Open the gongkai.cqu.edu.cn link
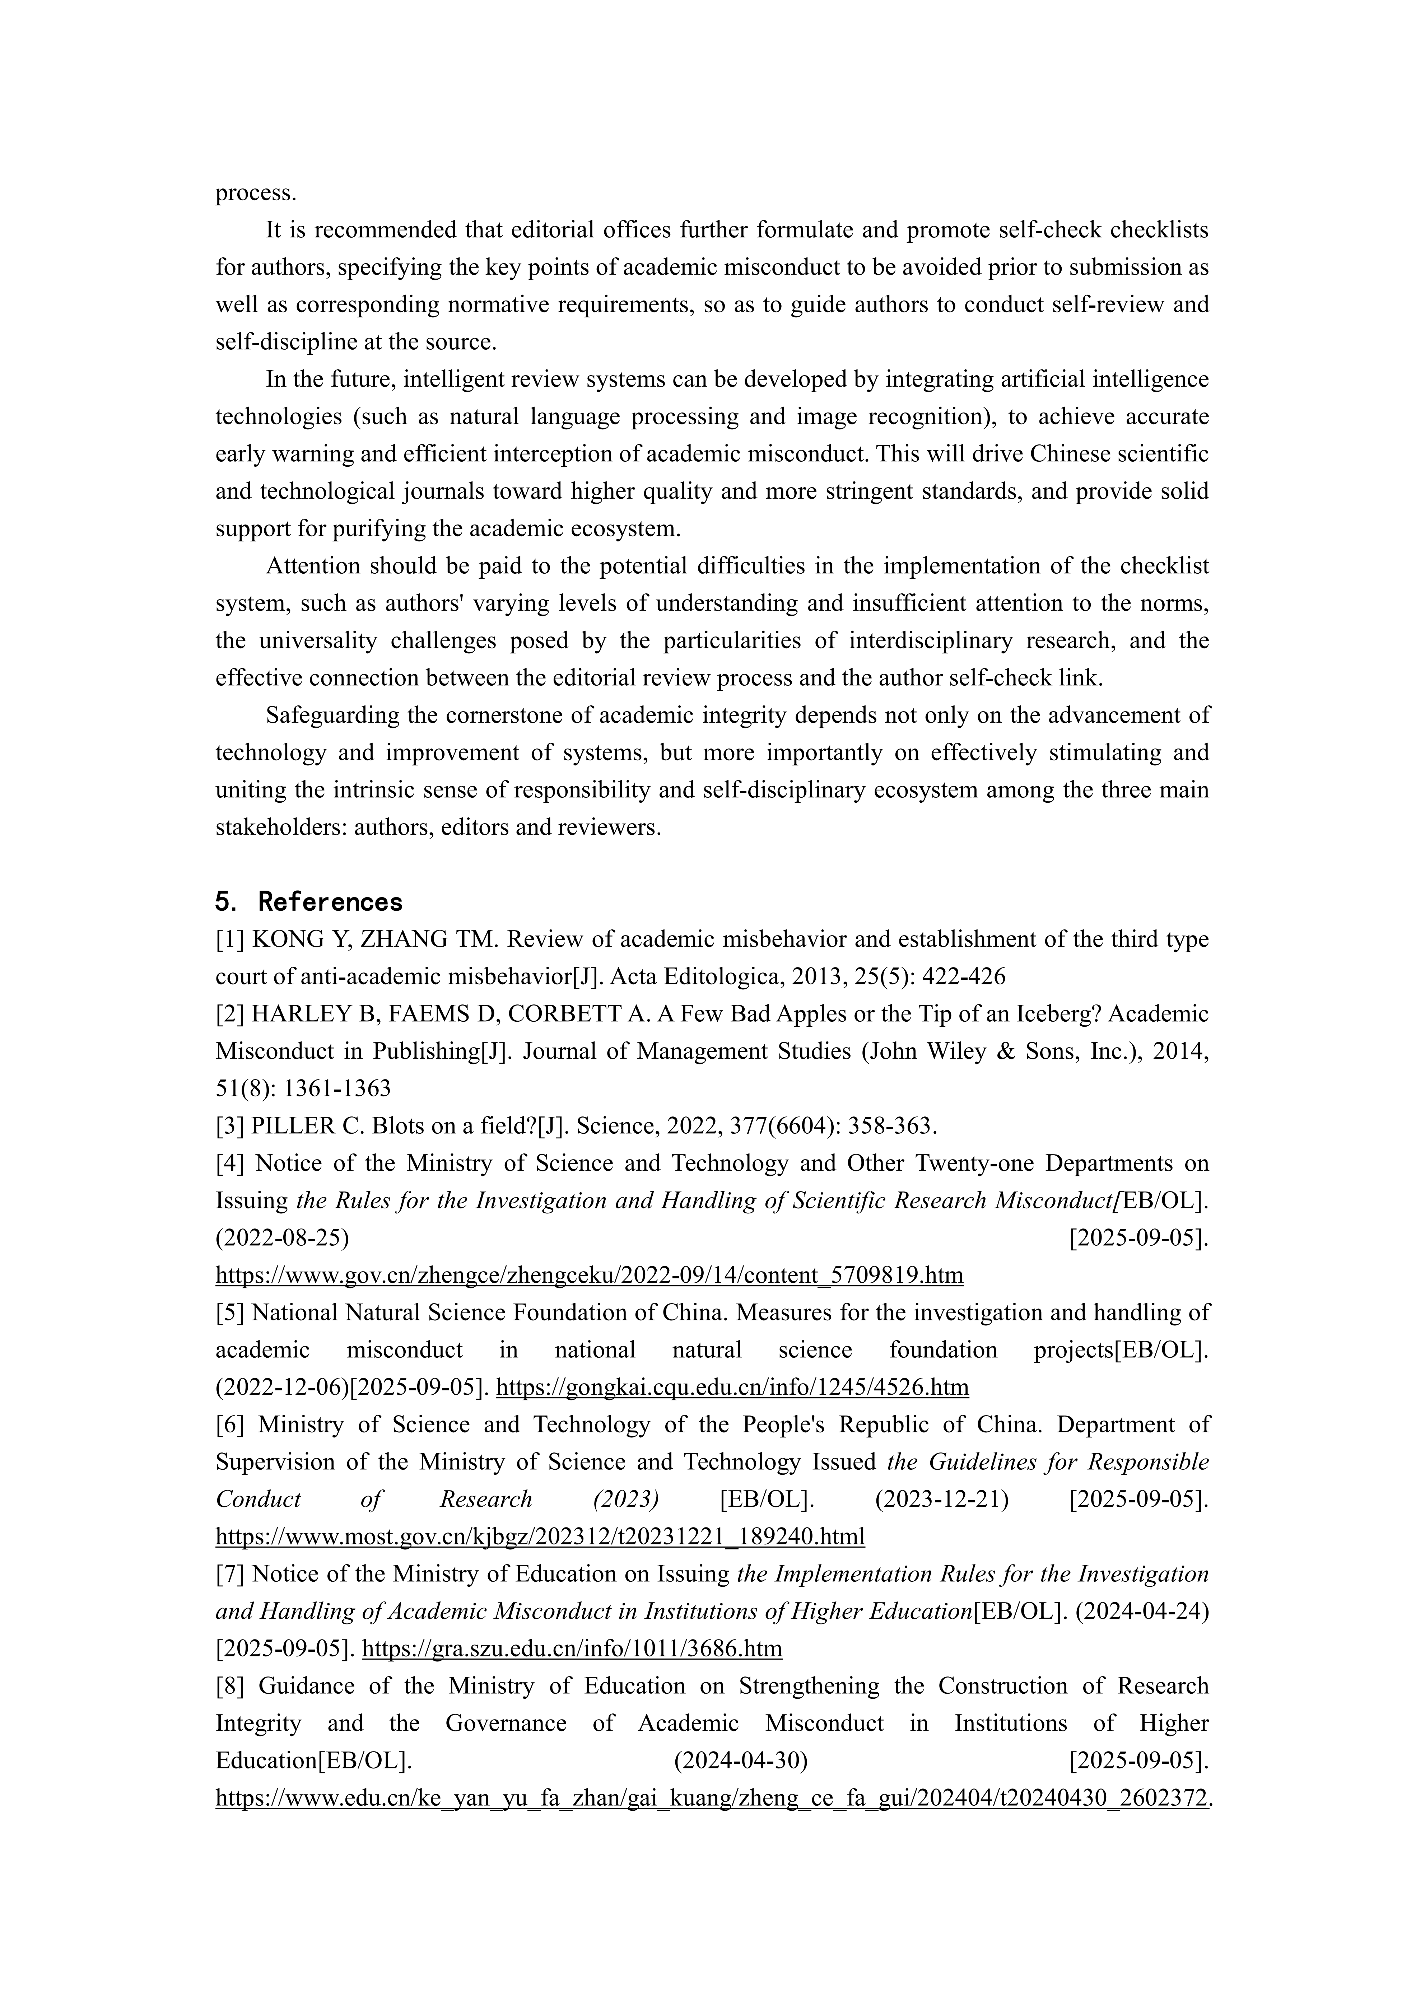(x=733, y=1387)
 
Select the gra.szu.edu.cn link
(x=572, y=1649)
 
